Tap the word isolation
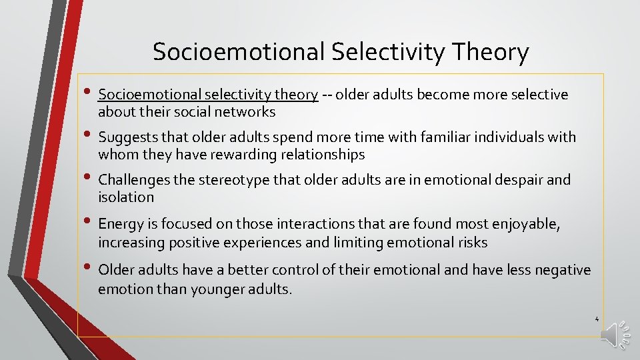click(126, 197)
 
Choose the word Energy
click(119, 225)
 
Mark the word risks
click(471, 243)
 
